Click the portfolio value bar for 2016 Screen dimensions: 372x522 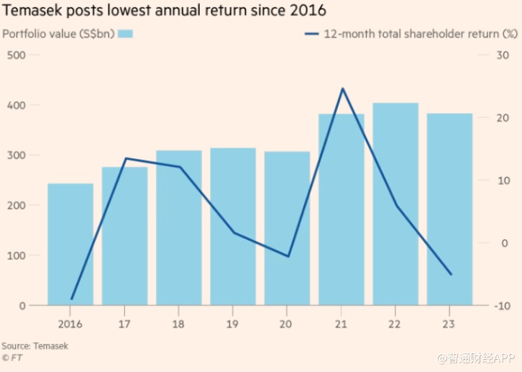click(70, 244)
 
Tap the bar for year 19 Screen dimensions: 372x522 click(233, 227)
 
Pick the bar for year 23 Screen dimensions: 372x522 click(449, 209)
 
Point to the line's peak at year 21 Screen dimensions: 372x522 click(342, 89)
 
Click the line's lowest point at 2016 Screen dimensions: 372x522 click(71, 299)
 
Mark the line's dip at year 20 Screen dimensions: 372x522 click(288, 256)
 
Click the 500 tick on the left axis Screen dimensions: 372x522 click(16, 55)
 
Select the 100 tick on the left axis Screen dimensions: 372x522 click(16, 255)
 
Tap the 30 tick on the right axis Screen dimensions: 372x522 click(503, 55)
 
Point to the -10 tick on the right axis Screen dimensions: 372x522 click(502, 306)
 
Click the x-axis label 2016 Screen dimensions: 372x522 click(70, 322)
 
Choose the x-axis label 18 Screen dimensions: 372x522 click(179, 322)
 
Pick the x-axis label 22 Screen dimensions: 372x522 click(396, 322)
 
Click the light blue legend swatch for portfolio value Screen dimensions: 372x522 click(126, 34)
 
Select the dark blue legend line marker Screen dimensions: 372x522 click(312, 34)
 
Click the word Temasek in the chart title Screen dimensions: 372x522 click(32, 11)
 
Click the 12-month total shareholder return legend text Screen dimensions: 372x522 click(421, 34)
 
